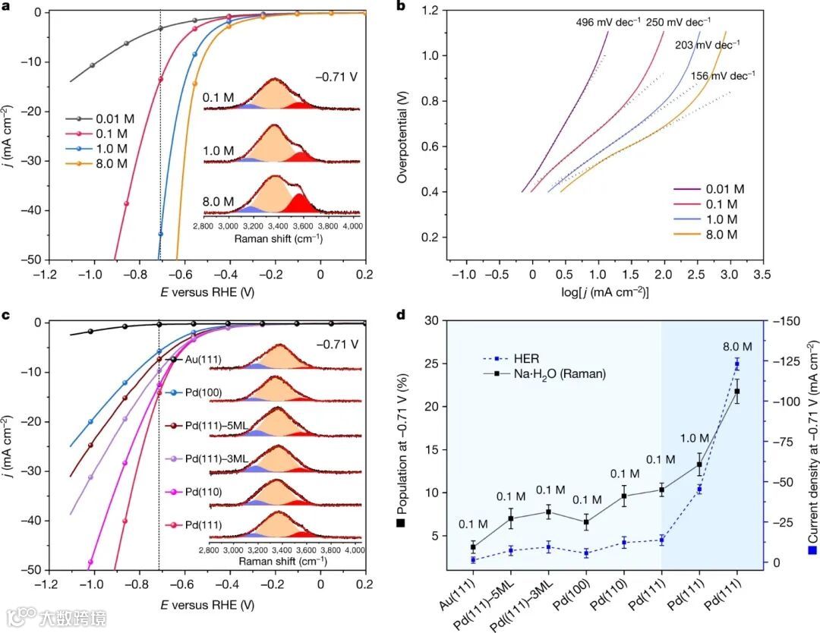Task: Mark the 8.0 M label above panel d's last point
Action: [735, 347]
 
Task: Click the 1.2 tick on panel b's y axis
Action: [433, 11]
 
